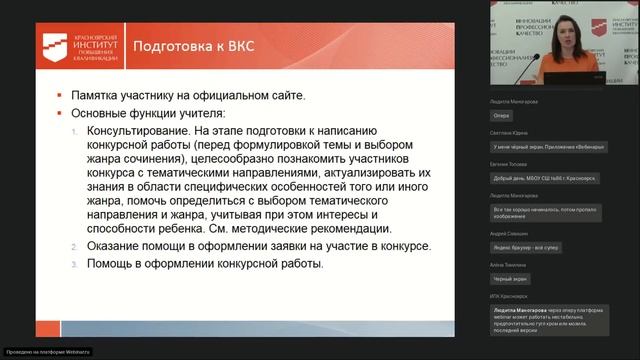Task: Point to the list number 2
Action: click(x=75, y=246)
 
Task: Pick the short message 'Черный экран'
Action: click(x=510, y=279)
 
